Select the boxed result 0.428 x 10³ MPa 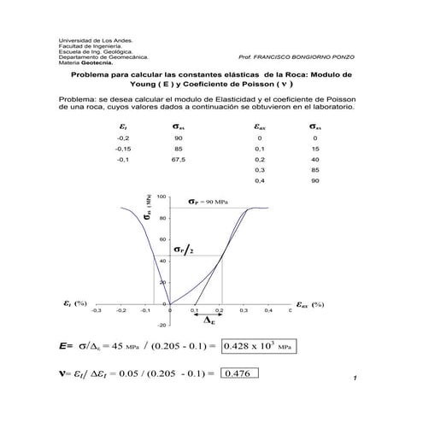[x=259, y=347]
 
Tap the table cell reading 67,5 [x=178, y=159]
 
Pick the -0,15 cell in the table [x=124, y=148]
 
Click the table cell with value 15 [x=314, y=148]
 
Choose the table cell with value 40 [x=314, y=159]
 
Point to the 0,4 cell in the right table [x=260, y=181]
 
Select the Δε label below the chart [x=209, y=322]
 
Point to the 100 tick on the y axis [x=162, y=197]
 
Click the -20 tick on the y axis [x=162, y=325]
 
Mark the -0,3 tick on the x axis [x=97, y=312]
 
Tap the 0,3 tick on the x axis [x=244, y=312]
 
